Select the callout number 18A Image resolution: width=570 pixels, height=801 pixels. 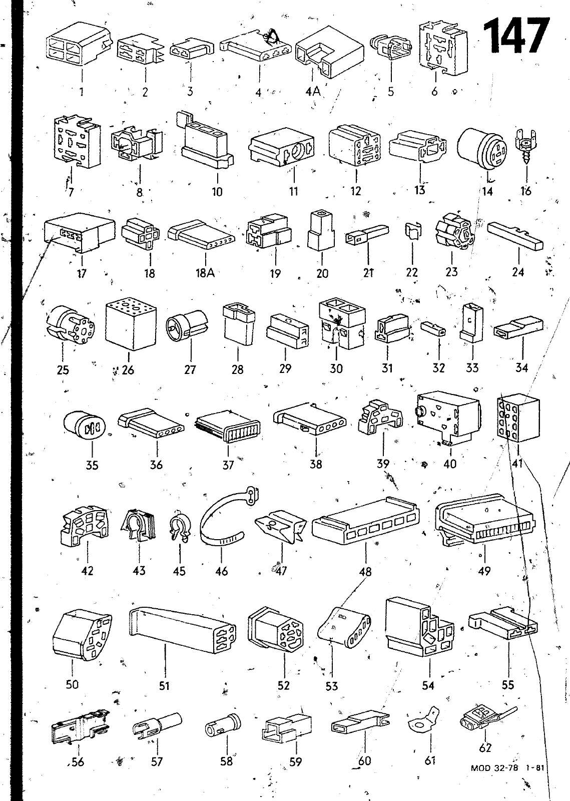click(x=204, y=273)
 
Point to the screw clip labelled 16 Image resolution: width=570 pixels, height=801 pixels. click(x=525, y=145)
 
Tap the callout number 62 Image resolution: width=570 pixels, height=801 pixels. click(x=485, y=748)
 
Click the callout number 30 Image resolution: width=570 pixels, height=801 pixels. click(x=336, y=368)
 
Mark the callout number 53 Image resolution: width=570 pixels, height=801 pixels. click(x=332, y=685)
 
